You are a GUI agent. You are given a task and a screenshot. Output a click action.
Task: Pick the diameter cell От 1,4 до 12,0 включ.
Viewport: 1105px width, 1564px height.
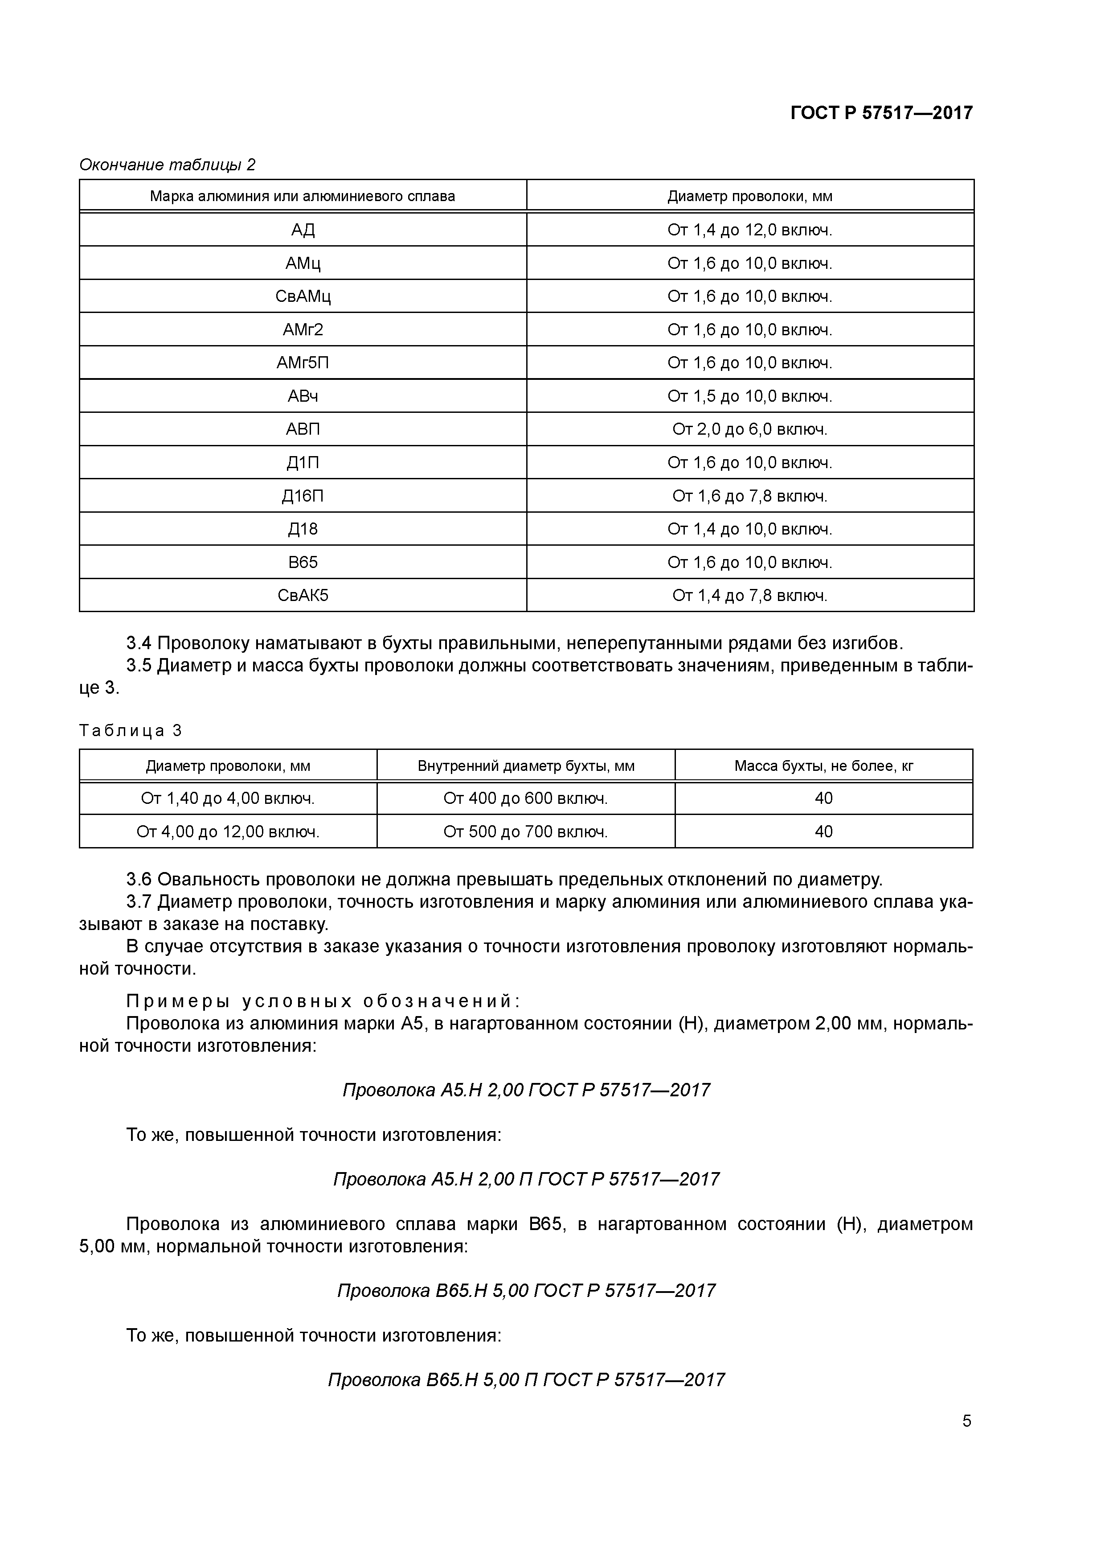[x=749, y=230]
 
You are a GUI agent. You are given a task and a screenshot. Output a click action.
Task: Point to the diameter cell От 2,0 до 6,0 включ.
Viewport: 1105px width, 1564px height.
[x=749, y=429]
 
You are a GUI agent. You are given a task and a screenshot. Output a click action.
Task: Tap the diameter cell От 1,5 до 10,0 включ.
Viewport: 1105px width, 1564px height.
[x=749, y=396]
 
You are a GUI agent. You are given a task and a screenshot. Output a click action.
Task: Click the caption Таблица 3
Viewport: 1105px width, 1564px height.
[x=131, y=731]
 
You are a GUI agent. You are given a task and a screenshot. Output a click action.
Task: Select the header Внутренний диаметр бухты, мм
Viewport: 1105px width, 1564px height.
[x=526, y=766]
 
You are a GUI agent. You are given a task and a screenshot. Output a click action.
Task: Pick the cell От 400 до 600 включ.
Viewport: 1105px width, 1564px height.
[x=526, y=798]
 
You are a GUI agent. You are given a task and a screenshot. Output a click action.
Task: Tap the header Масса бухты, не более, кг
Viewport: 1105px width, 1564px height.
[x=823, y=766]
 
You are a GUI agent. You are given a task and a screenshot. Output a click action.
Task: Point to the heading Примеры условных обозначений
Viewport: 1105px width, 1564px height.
[x=323, y=1000]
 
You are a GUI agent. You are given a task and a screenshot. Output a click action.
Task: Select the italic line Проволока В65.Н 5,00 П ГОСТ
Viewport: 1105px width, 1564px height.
[x=526, y=1379]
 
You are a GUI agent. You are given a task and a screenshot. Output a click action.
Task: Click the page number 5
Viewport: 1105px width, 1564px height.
[x=966, y=1421]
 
